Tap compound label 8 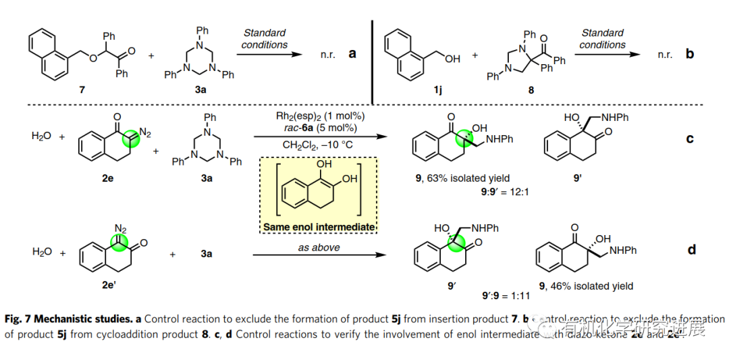click(x=531, y=89)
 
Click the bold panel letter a click(x=352, y=53)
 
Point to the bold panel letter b click(x=689, y=53)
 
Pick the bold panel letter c click(x=689, y=138)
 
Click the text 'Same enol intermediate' click(x=319, y=227)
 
